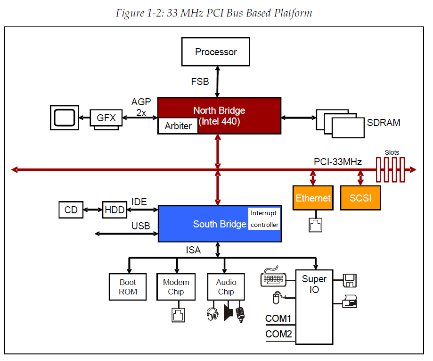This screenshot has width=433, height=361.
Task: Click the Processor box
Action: click(x=216, y=52)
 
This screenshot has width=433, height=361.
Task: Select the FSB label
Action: click(x=200, y=82)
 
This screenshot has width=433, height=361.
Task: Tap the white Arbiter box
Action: click(x=178, y=126)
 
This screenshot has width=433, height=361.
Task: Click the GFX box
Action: click(x=106, y=118)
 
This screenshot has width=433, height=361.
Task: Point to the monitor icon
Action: click(x=64, y=118)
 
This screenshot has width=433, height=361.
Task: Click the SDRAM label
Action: click(x=384, y=123)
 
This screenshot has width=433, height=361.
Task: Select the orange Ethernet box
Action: click(x=313, y=198)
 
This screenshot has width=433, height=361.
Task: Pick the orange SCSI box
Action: click(x=360, y=198)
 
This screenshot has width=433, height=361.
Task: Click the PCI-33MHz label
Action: click(x=338, y=162)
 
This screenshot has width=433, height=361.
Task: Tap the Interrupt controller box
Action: click(x=264, y=219)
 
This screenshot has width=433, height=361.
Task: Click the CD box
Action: click(x=71, y=210)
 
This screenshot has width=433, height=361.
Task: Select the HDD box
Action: click(x=114, y=210)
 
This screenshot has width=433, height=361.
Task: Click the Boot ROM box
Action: click(x=128, y=287)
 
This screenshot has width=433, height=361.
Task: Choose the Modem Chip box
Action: click(x=176, y=287)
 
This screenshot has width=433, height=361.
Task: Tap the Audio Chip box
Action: click(x=226, y=287)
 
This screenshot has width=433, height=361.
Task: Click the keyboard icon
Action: click(x=273, y=277)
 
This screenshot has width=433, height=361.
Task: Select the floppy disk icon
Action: click(x=349, y=280)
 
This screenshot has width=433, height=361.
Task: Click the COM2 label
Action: click(x=278, y=335)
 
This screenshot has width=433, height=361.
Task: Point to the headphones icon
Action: click(x=212, y=314)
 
